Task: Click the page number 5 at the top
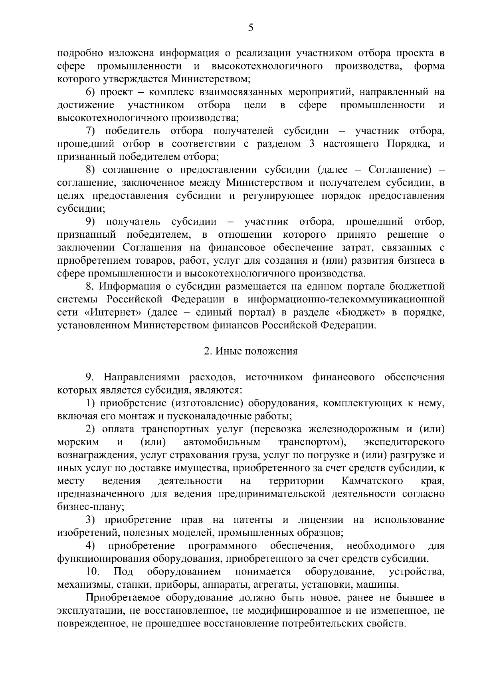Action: point(251,28)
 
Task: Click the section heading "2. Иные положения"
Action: point(251,351)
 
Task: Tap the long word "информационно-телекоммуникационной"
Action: point(346,299)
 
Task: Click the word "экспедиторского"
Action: point(404,442)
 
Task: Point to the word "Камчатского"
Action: point(372,481)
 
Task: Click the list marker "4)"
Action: point(90,546)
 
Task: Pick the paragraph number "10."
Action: point(93,572)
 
